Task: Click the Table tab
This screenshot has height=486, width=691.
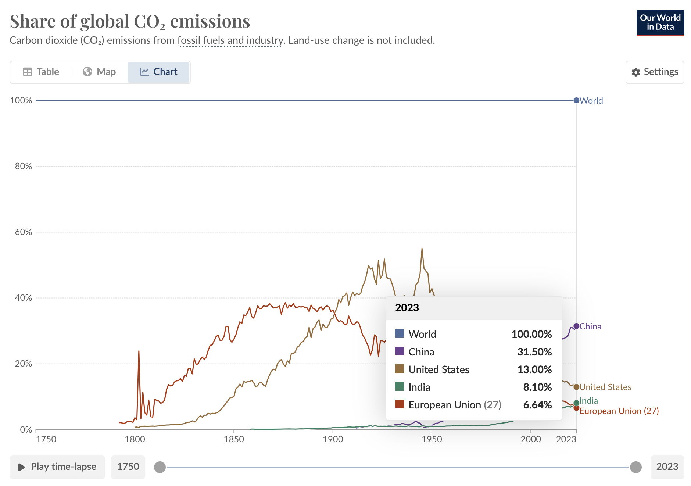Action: (x=41, y=72)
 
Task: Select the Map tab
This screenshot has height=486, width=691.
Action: (x=99, y=72)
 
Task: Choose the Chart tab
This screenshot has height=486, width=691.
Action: (x=158, y=72)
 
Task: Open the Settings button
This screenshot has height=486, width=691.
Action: (x=655, y=72)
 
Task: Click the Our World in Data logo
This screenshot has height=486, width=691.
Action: (x=660, y=23)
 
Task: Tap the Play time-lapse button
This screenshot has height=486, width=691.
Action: (x=57, y=467)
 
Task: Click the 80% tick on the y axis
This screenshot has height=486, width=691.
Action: (x=24, y=166)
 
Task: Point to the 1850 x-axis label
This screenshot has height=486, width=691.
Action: (x=234, y=439)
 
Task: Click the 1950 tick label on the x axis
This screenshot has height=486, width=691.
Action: (x=432, y=439)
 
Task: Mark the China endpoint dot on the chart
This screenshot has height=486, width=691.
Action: (x=576, y=326)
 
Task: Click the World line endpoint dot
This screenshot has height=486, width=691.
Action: (x=576, y=100)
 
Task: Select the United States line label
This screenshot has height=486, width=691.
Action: (x=605, y=387)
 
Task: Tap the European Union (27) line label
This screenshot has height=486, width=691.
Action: (x=619, y=411)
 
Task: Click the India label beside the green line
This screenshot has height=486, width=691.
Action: (x=589, y=401)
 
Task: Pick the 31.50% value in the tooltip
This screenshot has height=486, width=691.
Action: (x=534, y=352)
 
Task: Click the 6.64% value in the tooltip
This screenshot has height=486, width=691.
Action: (x=537, y=405)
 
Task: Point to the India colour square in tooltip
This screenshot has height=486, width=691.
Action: (x=400, y=387)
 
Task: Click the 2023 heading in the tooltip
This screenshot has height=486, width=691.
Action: (x=407, y=308)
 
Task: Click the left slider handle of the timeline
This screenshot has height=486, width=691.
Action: (x=160, y=467)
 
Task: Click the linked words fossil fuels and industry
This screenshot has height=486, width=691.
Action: (x=230, y=40)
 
